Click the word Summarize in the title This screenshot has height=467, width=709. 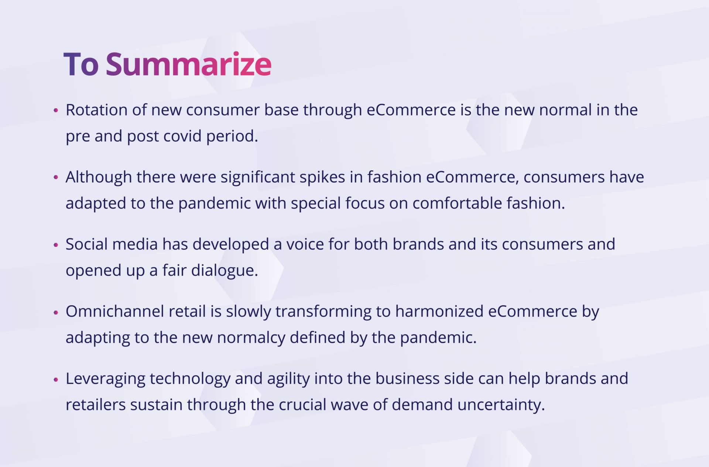189,64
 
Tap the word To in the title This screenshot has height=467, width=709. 81,64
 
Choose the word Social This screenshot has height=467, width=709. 86,244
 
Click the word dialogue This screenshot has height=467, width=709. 225,271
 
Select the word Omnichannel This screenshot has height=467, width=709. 115,311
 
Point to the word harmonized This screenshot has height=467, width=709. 439,311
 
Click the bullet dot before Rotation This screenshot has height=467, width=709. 56,110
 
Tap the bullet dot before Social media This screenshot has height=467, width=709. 56,244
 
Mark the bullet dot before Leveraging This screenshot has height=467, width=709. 56,379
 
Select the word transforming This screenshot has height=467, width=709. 323,312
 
